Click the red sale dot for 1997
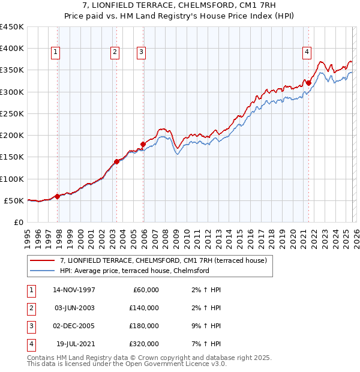click(58, 196)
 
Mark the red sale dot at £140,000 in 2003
click(116, 161)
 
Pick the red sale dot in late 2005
click(143, 144)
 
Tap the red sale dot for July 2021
click(308, 83)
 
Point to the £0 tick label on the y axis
click(18, 222)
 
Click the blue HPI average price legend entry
click(134, 271)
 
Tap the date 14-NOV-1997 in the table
click(73, 290)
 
